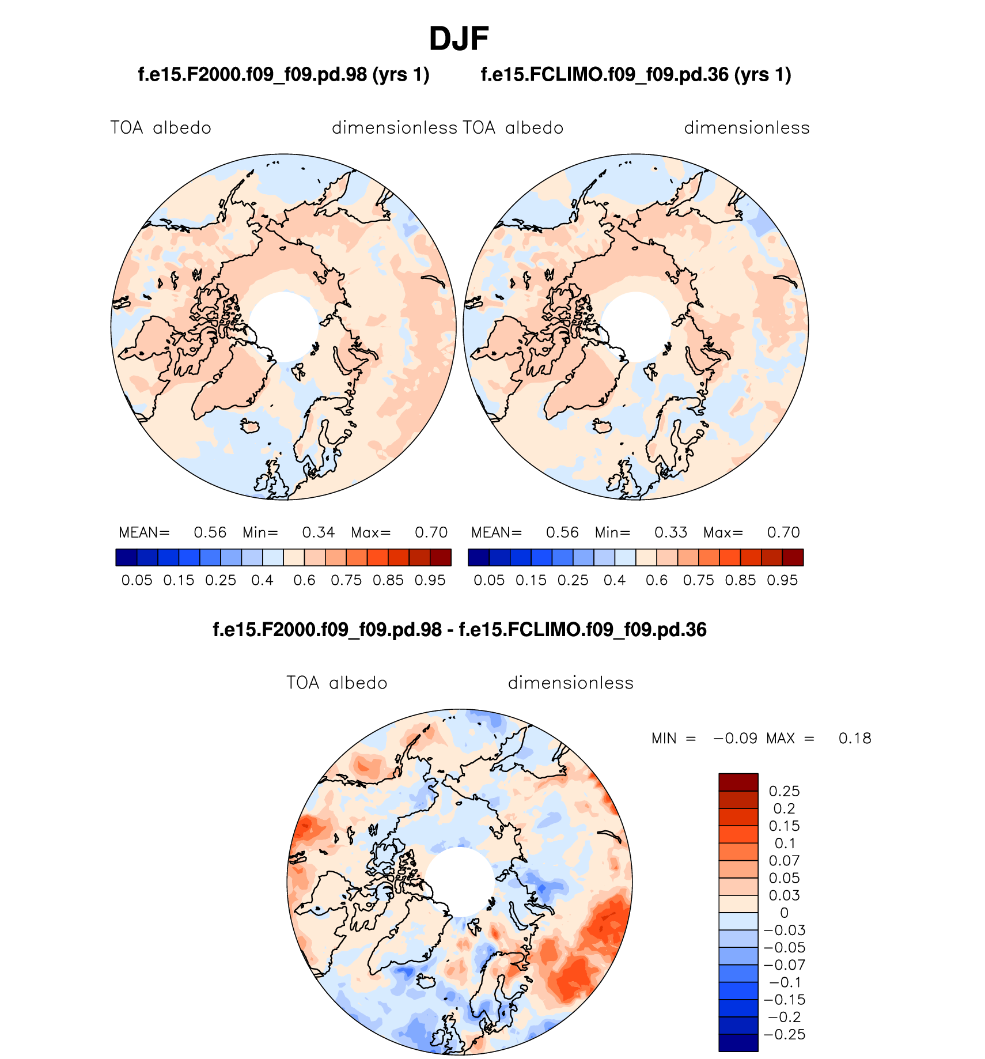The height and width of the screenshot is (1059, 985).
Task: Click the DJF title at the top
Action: coord(459,39)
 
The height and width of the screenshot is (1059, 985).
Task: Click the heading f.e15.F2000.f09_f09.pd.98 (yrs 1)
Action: coord(283,75)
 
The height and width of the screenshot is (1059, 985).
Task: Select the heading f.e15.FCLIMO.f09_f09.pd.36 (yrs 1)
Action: coord(636,75)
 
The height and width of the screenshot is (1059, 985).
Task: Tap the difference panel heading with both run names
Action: coord(459,630)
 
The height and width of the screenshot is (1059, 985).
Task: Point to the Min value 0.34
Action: coord(319,532)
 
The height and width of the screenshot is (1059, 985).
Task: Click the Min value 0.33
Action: coord(670,532)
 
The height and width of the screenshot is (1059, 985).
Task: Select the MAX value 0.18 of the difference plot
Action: coord(855,739)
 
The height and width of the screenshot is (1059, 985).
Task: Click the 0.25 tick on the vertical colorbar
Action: coord(784,792)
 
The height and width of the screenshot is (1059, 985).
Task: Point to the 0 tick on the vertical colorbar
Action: coord(784,913)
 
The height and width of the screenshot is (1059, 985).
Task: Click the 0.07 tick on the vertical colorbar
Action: coord(784,861)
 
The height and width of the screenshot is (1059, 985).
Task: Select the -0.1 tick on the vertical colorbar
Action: coord(784,982)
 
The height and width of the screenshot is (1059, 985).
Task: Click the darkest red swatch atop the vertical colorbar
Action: coord(738,782)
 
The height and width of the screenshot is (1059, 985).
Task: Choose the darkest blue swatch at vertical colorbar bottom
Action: coord(738,1043)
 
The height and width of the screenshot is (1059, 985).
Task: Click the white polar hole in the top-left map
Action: coord(283,327)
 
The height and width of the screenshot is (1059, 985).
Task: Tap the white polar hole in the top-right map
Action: coord(635,327)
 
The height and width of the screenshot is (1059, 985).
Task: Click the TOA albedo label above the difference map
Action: coord(337,683)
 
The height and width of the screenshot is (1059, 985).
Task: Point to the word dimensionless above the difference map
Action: coord(570,683)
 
